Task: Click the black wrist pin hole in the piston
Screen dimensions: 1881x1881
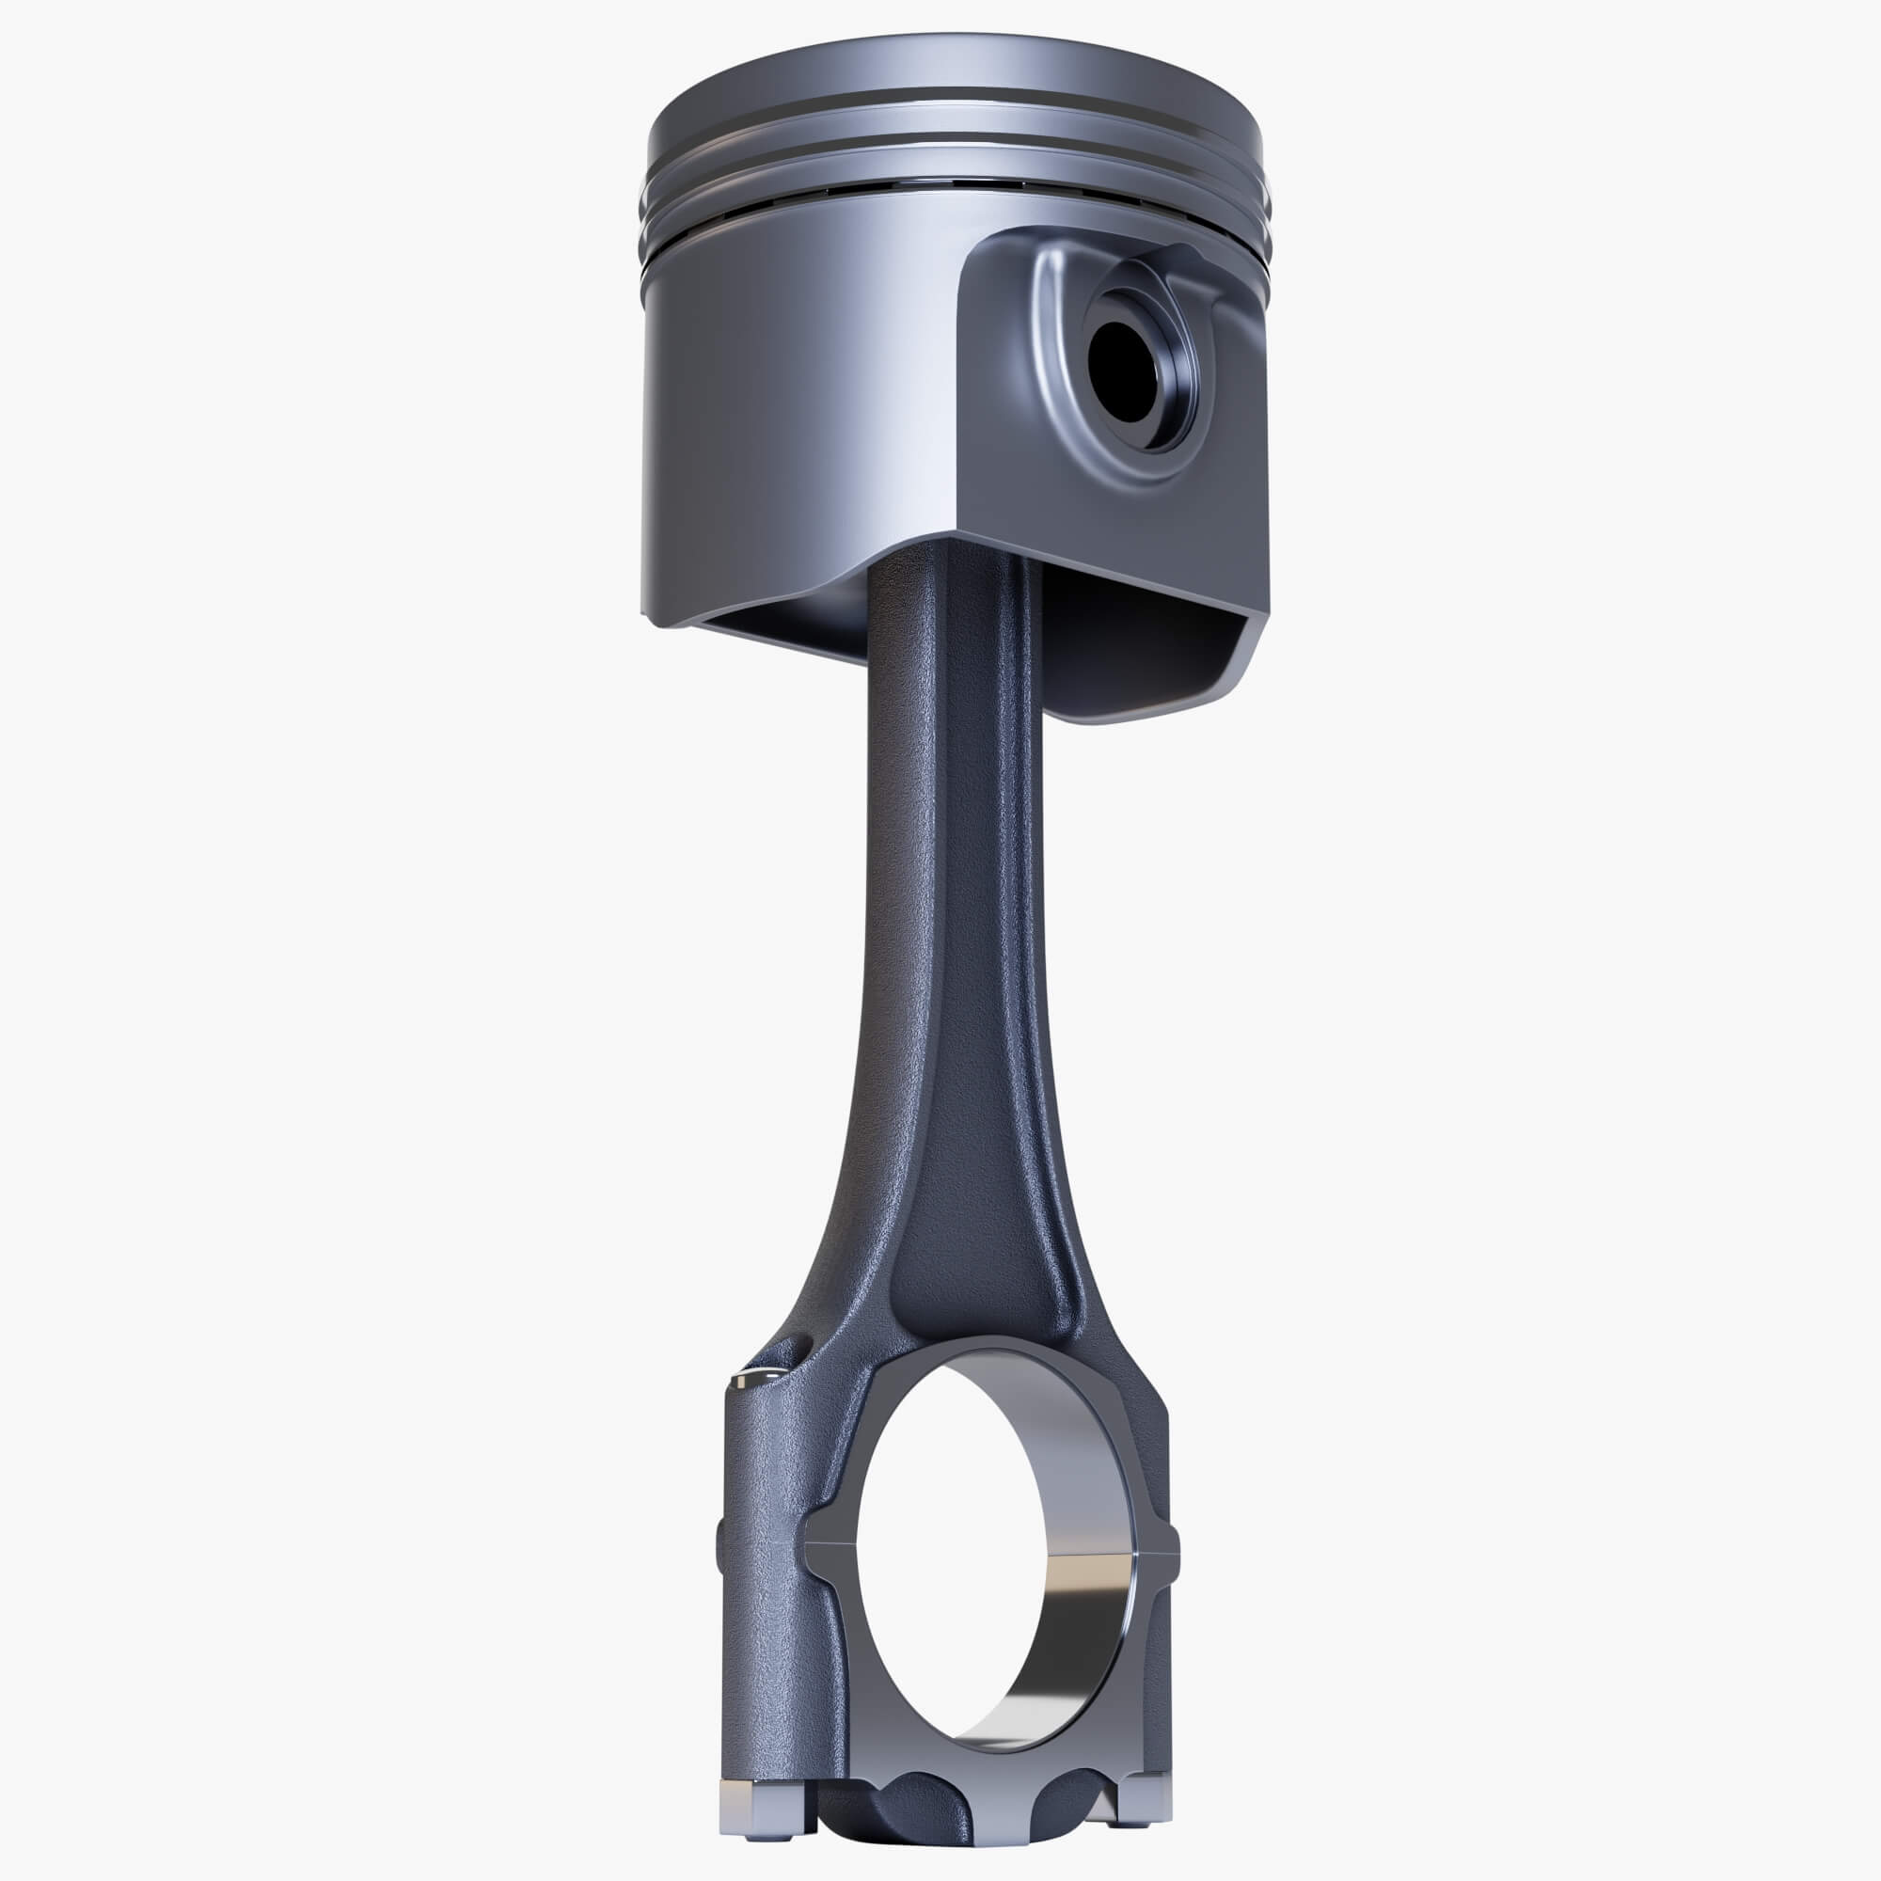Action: click(1125, 371)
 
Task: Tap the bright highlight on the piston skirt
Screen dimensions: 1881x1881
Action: click(915, 389)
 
